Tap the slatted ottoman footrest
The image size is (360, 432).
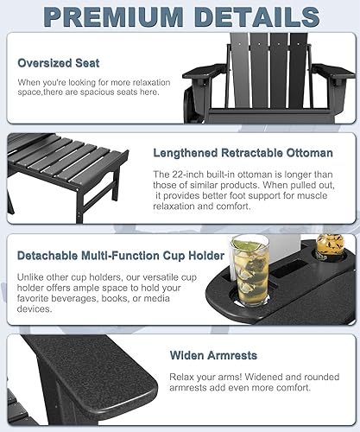click(x=65, y=164)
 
